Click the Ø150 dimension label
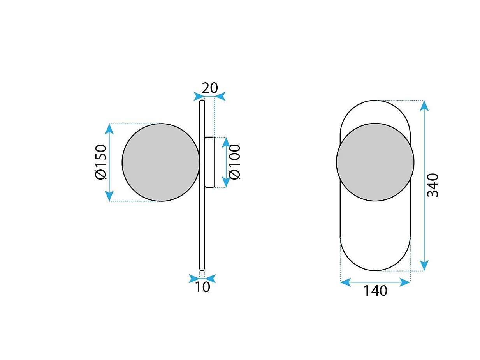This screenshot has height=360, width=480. pos(101,162)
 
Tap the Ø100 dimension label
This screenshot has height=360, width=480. pos(235,162)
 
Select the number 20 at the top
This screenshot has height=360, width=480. pos(210,88)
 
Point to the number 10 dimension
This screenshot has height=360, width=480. pos(202,287)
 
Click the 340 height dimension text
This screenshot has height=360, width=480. pos(433,185)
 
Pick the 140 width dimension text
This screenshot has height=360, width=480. pos(375,291)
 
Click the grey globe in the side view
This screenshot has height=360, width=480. pos(161,162)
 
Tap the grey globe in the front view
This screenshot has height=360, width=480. pos(375,162)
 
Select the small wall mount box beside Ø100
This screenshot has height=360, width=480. pos(210,162)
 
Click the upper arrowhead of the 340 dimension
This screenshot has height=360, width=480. pos(424,106)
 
